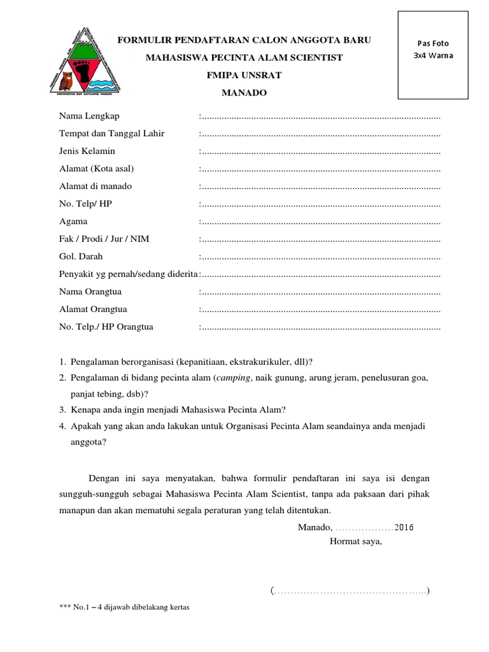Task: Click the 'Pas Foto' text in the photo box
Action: (433, 43)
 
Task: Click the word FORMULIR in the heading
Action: (141, 41)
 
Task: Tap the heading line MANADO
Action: (244, 93)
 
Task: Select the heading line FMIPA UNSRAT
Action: (244, 75)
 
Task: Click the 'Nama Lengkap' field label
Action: (89, 116)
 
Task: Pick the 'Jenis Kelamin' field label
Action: (87, 151)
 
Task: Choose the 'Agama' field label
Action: (73, 222)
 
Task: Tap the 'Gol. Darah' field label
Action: (81, 257)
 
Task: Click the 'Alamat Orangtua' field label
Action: (93, 309)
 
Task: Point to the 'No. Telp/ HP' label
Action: (85, 204)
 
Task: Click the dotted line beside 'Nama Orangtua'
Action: (320, 292)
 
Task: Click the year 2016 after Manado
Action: (404, 527)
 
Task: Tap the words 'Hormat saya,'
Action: (355, 542)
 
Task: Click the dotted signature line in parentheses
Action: (350, 592)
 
